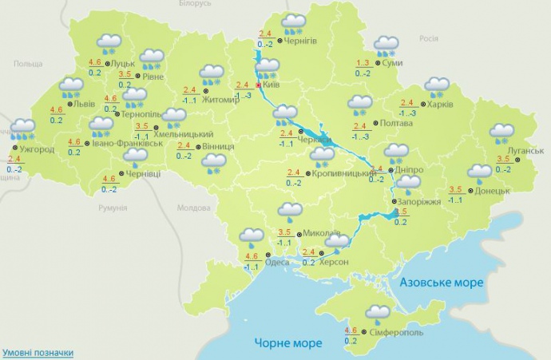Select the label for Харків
pyautogui.click(x=440, y=104)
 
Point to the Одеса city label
pyautogui.click(x=278, y=262)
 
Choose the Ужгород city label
pyautogui.click(x=38, y=149)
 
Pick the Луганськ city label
pyautogui.click(x=525, y=151)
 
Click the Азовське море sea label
pyautogui.click(x=442, y=283)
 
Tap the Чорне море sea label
pyautogui.click(x=288, y=343)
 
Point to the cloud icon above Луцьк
pyautogui.click(x=109, y=42)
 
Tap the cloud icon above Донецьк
pyautogui.click(x=479, y=172)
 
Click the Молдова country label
pyautogui.click(x=192, y=208)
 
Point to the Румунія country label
pyautogui.click(x=113, y=208)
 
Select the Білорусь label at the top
pyautogui.click(x=195, y=4)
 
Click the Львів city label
pyautogui.click(x=84, y=104)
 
